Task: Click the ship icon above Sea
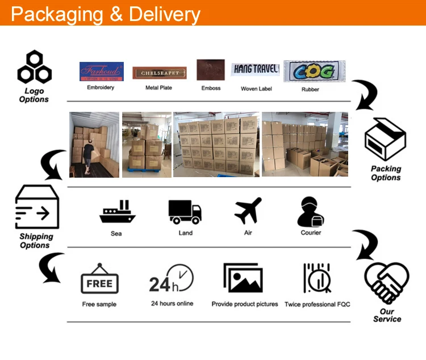[117, 212]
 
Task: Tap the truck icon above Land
[185, 211]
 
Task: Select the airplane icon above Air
[248, 211]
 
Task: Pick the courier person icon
[310, 212]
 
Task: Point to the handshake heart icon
[386, 282]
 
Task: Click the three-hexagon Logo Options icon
[34, 67]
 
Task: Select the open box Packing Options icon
[385, 140]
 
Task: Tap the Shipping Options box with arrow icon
[37, 206]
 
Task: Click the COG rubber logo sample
[314, 71]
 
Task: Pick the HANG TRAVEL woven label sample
[256, 69]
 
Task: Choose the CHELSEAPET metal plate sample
[160, 73]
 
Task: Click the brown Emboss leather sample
[211, 70]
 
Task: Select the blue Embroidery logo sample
[101, 72]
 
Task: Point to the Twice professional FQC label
[317, 304]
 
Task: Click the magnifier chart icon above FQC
[316, 278]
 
